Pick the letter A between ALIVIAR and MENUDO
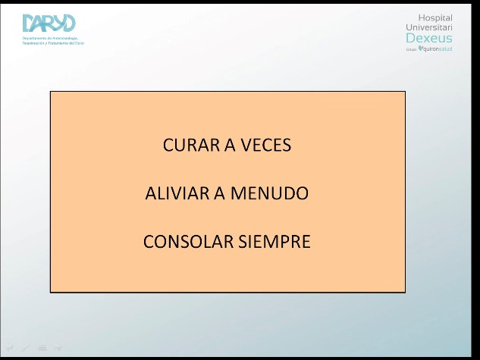click(x=220, y=193)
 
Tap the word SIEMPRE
click(x=275, y=242)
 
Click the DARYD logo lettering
click(x=49, y=23)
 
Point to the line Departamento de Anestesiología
click(x=51, y=38)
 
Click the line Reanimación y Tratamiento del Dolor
click(x=54, y=43)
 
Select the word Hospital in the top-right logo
click(x=435, y=17)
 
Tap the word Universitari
click(x=429, y=27)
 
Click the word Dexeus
click(x=429, y=38)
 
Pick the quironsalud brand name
click(x=438, y=49)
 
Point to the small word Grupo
click(x=412, y=49)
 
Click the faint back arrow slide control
click(x=10, y=348)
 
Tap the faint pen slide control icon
click(x=26, y=348)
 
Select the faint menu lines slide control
click(x=42, y=348)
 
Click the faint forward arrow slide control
click(x=59, y=348)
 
